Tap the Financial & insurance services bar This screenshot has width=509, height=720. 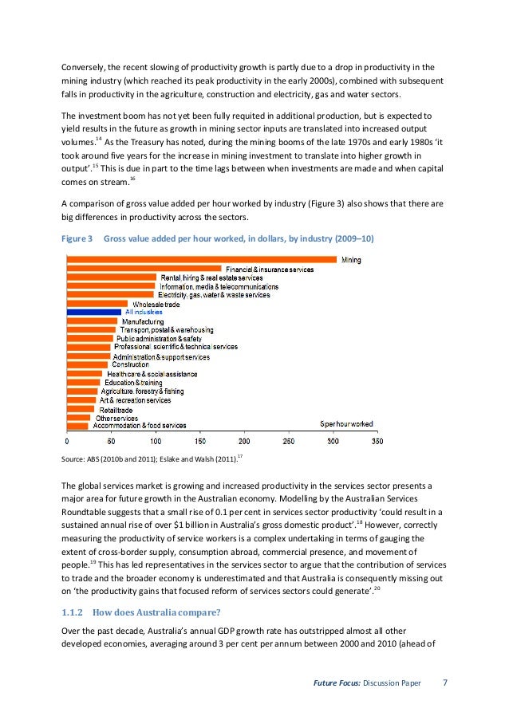click(144, 269)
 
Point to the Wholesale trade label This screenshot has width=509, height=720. click(156, 304)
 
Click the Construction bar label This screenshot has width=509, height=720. click(130, 364)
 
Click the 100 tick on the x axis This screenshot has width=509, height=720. click(155, 441)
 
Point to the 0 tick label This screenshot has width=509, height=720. click(67, 441)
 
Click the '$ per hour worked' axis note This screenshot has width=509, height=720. click(346, 424)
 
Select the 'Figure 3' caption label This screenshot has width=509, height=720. click(77, 239)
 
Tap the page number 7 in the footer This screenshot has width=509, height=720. click(445, 683)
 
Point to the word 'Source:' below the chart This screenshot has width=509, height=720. click(73, 460)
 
